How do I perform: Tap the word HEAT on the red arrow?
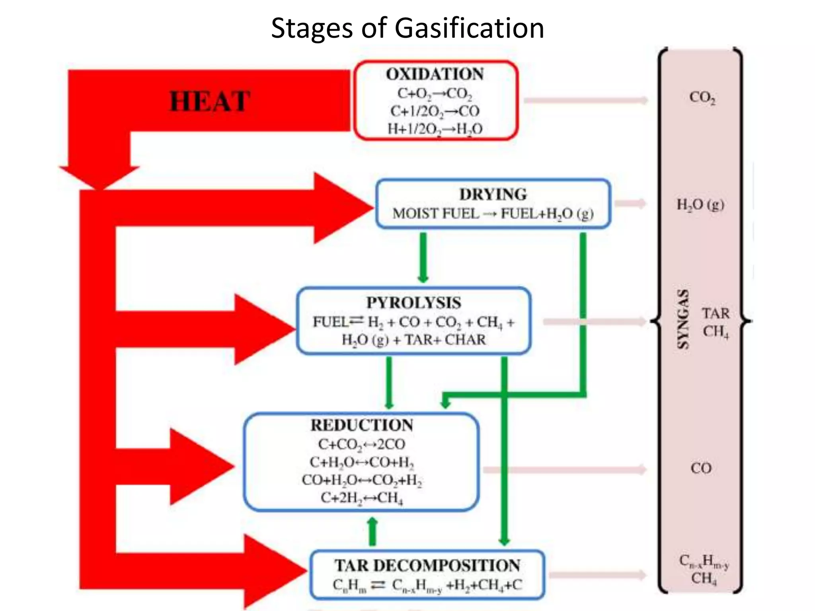(210, 101)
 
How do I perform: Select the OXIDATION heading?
(435, 74)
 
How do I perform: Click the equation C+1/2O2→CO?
(435, 111)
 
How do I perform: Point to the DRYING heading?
(493, 194)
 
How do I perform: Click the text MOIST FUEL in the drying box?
(435, 214)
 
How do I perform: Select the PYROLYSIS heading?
(413, 303)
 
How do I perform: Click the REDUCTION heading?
(361, 425)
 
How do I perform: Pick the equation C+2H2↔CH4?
(361, 498)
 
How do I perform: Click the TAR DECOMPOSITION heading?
(427, 565)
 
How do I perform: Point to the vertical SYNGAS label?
(683, 319)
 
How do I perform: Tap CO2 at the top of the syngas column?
(702, 97)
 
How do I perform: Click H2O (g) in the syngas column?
(700, 205)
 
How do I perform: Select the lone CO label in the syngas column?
(701, 468)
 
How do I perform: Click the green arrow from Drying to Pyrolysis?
(423, 257)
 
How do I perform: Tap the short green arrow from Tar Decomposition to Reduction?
(372, 531)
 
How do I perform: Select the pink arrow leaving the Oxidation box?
(585, 100)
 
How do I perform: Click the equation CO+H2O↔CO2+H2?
(361, 480)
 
